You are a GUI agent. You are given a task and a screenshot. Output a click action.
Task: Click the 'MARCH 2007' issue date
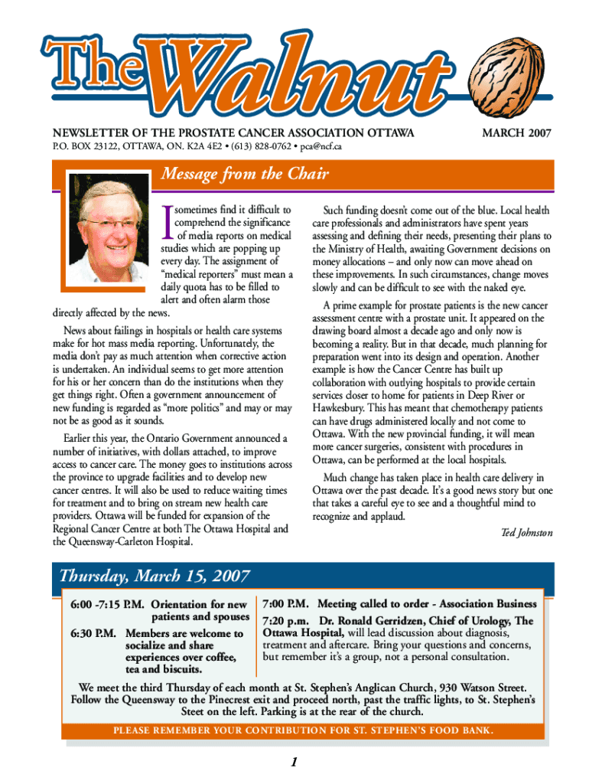click(516, 132)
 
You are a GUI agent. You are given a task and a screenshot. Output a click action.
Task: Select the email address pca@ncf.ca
click(321, 145)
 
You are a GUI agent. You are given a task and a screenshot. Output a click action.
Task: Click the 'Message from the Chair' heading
click(245, 175)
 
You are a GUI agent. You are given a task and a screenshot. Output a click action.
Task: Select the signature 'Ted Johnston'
click(526, 532)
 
